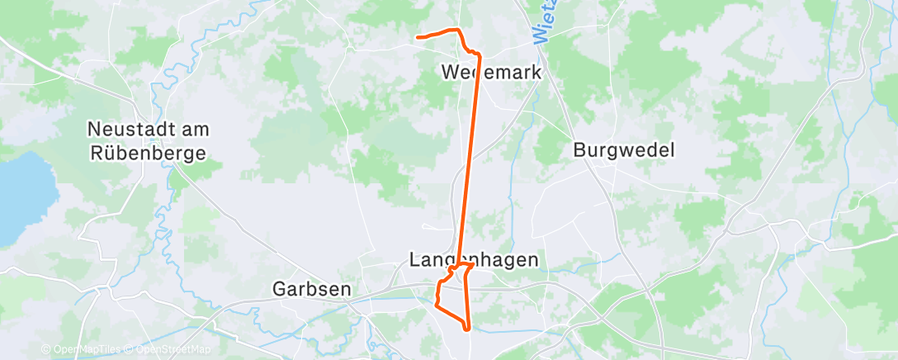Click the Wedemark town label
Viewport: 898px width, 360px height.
[491, 72]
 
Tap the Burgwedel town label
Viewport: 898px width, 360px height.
[624, 150]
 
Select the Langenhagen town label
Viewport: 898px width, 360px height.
[474, 260]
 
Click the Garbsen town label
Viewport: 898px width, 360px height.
[312, 289]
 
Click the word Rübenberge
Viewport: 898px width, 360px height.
[149, 153]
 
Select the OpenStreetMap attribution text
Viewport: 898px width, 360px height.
[170, 350]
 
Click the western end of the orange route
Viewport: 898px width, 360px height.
[418, 37]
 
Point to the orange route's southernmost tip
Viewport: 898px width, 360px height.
[468, 329]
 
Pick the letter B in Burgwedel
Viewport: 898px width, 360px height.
[579, 150]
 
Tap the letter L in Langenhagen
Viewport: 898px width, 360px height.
[414, 260]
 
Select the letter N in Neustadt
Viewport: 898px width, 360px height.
[94, 130]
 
